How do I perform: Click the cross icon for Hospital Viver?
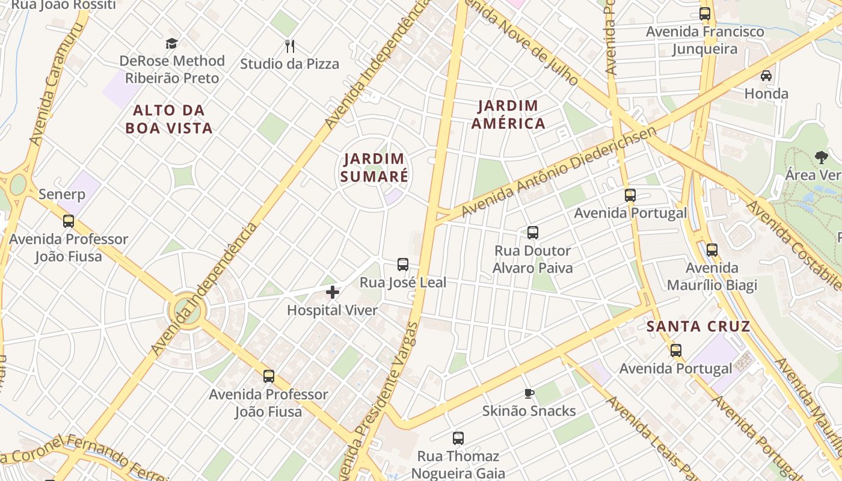[x=332, y=293]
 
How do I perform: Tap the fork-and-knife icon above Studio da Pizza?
[x=289, y=46]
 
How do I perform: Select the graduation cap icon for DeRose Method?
[x=172, y=43]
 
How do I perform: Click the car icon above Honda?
[x=766, y=76]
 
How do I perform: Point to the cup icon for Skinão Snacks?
[x=529, y=394]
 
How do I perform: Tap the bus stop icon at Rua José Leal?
[x=402, y=265]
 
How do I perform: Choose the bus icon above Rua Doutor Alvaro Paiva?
[x=532, y=233]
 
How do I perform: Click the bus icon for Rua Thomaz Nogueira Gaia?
[x=458, y=438]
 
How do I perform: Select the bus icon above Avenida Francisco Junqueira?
[x=704, y=14]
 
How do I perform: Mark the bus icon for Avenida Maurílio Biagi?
[x=711, y=250]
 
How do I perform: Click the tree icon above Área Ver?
[x=821, y=158]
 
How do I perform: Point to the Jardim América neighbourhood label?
[x=508, y=115]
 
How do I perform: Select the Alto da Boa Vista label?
[x=169, y=119]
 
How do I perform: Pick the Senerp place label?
[x=62, y=195]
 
